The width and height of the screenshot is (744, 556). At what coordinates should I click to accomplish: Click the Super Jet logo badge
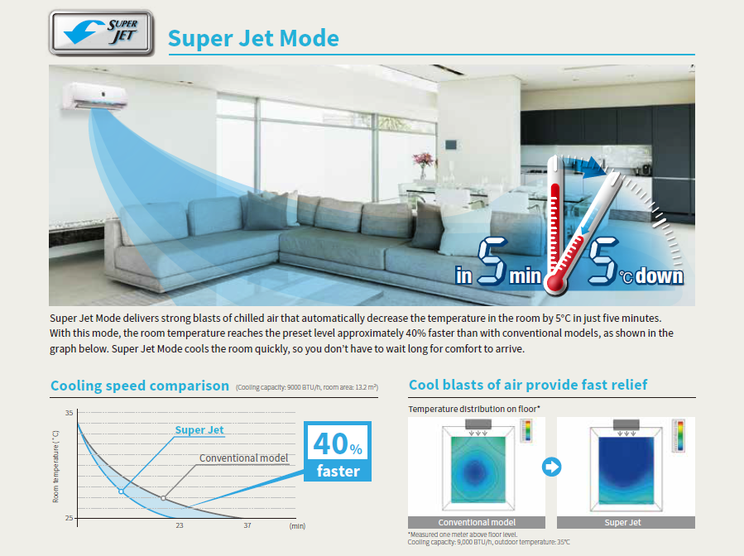click(101, 32)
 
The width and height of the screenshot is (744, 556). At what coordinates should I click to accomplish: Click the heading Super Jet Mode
click(253, 38)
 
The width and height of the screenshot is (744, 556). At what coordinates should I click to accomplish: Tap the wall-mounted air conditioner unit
click(94, 96)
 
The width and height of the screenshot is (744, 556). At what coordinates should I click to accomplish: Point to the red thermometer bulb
click(554, 283)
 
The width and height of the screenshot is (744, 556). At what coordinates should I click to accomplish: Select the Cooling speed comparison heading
click(140, 386)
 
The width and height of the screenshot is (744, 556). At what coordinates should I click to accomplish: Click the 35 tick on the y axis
click(70, 413)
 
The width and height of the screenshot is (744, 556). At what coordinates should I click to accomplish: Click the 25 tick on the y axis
click(70, 518)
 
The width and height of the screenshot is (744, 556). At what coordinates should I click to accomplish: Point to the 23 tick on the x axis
click(180, 525)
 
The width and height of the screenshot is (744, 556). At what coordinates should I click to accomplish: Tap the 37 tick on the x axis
click(247, 525)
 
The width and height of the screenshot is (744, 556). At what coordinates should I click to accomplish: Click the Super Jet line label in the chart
click(199, 429)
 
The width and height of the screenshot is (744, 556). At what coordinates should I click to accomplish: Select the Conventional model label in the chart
click(243, 458)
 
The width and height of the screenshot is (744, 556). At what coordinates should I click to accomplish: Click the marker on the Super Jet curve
click(121, 491)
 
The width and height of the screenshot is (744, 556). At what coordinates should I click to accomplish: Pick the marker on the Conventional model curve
click(164, 498)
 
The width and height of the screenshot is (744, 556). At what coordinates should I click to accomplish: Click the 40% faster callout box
click(338, 452)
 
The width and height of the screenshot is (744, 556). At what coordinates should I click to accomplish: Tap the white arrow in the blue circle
click(551, 467)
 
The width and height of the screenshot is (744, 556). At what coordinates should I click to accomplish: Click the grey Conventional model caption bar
click(477, 522)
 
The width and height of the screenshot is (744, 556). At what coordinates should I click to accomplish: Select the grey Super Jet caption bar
click(626, 522)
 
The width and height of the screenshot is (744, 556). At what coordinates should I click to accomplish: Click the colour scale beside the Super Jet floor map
click(679, 435)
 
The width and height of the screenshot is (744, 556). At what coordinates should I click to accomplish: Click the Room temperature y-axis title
click(56, 467)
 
